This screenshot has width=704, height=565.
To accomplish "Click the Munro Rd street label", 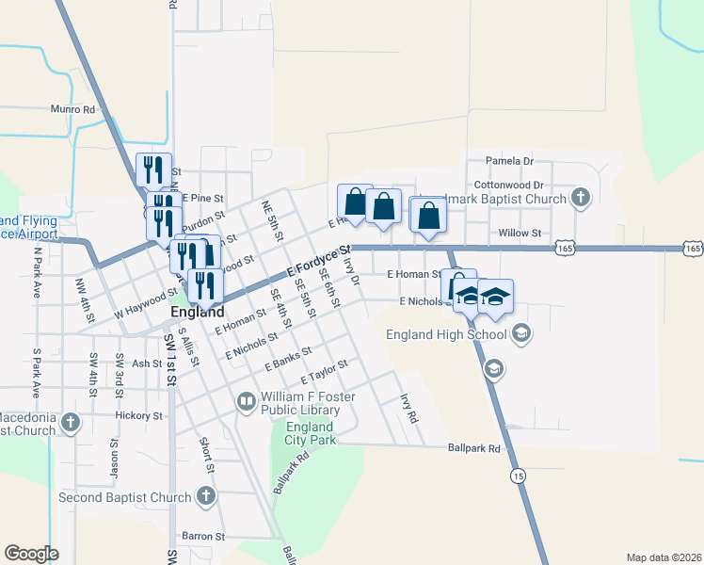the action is (75, 110).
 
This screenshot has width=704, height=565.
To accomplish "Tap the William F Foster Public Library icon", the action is (247, 403).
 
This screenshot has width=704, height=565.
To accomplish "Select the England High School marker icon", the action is (520, 333).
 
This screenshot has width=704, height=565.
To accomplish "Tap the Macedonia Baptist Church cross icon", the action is (70, 424).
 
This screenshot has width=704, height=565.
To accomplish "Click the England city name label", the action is (198, 312).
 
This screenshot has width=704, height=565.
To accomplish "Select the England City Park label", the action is (310, 433).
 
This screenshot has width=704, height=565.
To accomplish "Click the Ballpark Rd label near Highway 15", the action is (473, 448).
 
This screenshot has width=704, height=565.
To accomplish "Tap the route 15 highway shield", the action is (519, 477).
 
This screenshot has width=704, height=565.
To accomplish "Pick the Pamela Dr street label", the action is (509, 161).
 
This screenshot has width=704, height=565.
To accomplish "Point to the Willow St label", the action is (520, 233).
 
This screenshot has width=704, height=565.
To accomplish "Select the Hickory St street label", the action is (139, 414).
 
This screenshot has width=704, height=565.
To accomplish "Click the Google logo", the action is (32, 554).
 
